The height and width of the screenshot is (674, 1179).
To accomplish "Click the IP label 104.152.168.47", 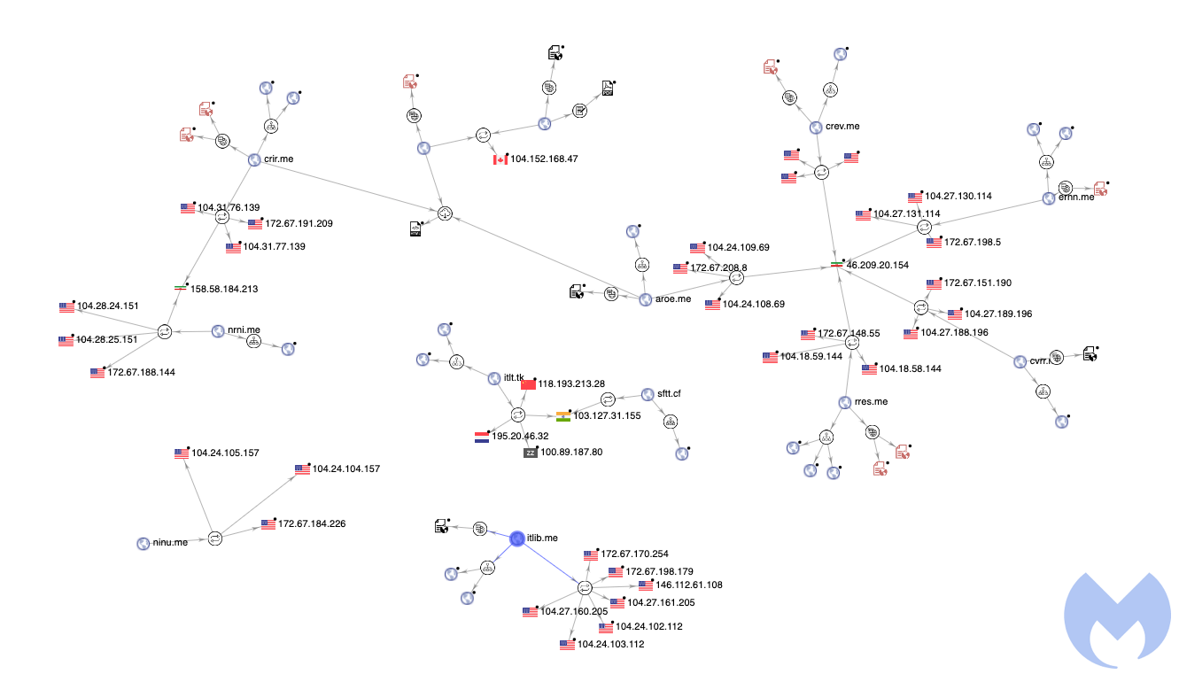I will pyautogui.click(x=544, y=159).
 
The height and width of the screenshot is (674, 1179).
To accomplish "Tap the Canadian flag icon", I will pyautogui.click(x=500, y=159).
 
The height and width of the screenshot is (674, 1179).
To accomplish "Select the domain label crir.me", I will pyautogui.click(x=277, y=159).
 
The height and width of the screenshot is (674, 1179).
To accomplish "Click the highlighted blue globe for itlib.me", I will pyautogui.click(x=518, y=538).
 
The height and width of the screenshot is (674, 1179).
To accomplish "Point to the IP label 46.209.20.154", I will pyautogui.click(x=878, y=265).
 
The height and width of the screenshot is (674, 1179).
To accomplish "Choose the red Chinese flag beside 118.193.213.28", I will pyautogui.click(x=529, y=383).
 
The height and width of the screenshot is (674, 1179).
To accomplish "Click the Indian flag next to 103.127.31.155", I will pyautogui.click(x=563, y=415).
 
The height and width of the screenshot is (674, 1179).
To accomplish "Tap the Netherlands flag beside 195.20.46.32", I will pyautogui.click(x=482, y=437).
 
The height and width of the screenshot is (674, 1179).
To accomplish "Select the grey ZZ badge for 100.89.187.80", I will pyautogui.click(x=530, y=453).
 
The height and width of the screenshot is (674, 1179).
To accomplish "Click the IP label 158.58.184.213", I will pyautogui.click(x=223, y=289).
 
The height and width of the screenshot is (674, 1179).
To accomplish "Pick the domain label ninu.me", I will pyautogui.click(x=170, y=542).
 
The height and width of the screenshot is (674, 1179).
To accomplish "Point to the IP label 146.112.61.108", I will pyautogui.click(x=689, y=585).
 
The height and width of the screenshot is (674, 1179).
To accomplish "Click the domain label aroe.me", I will pyautogui.click(x=672, y=299).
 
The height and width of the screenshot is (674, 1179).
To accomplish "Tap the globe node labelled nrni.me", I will pyautogui.click(x=218, y=331).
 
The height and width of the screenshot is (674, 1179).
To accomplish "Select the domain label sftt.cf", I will pyautogui.click(x=669, y=393).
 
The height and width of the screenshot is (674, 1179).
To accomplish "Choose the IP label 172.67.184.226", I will pyautogui.click(x=312, y=524).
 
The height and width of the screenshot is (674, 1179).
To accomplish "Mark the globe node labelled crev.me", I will pyautogui.click(x=816, y=128).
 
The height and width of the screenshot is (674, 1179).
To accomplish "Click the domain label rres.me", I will pyautogui.click(x=871, y=402).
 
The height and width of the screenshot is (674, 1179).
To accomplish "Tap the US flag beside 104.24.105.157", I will pyautogui.click(x=182, y=453).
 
